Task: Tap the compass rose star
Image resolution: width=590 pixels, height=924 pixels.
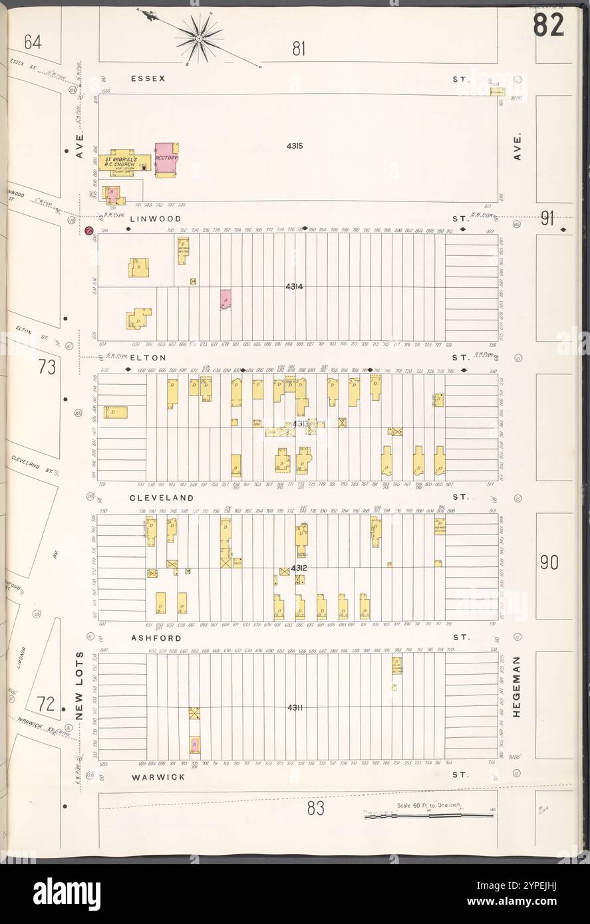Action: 199,39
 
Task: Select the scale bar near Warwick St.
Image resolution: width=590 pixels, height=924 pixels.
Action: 429,812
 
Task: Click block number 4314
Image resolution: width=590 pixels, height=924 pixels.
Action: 295,286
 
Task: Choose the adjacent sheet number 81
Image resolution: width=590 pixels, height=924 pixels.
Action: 299,48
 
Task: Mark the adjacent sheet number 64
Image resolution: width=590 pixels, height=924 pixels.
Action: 33,43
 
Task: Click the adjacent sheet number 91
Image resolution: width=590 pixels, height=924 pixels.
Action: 547,219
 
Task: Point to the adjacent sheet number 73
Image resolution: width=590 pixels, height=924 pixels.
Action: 47,367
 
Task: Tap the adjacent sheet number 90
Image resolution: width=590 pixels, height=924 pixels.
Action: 549,563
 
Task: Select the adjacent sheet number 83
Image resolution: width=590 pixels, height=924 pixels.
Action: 315,809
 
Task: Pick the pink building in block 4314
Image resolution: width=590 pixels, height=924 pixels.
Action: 225,299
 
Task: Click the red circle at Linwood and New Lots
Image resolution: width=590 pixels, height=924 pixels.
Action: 88,231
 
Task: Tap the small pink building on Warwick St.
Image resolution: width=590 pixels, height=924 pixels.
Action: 195,745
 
